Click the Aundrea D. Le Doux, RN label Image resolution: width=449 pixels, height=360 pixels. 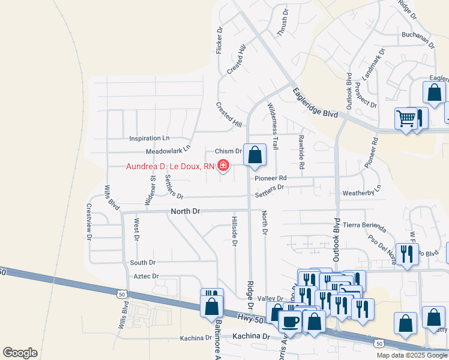(x=170, y=166)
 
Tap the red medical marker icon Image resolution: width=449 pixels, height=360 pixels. (x=223, y=166)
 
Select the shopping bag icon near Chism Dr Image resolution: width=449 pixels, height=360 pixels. (x=255, y=155)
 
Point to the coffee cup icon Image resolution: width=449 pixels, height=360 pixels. (x=291, y=320)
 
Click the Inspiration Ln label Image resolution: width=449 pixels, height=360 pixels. (x=149, y=138)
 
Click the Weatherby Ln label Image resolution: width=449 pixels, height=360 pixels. (x=362, y=193)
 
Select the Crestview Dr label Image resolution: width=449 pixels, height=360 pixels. (x=89, y=221)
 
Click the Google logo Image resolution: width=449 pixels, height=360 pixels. (x=20, y=353)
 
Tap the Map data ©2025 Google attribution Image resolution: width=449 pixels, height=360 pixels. (x=412, y=355)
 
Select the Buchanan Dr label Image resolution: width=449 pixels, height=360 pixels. (x=418, y=36)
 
